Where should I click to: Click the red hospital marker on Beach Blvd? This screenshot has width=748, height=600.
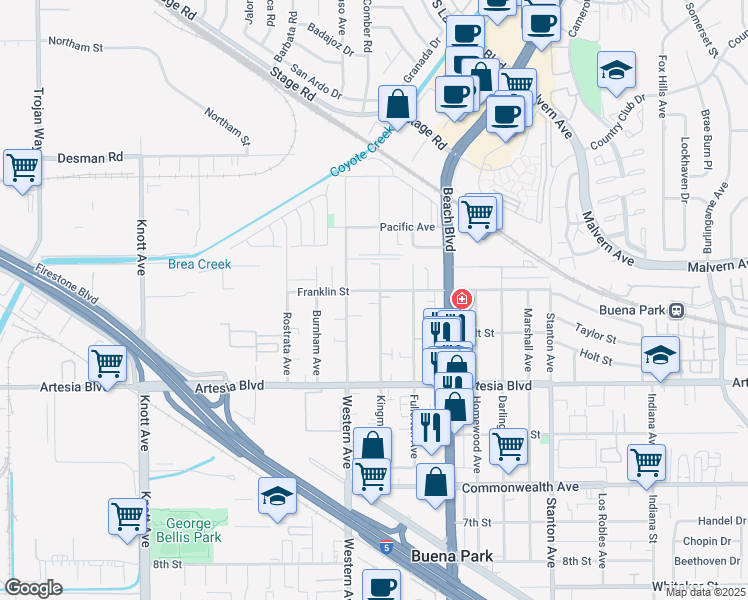(461, 298)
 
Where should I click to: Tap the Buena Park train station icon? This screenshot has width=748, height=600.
(677, 310)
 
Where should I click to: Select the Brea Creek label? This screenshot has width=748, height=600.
(199, 264)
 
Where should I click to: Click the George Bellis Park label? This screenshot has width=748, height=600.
(182, 531)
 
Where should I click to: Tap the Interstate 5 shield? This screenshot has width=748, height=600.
(386, 546)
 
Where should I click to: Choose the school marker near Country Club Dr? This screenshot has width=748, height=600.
(616, 70)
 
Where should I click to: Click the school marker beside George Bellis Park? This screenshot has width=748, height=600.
(278, 496)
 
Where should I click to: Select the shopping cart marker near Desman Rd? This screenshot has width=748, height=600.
(22, 167)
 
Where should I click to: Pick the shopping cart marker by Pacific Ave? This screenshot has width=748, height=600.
(478, 213)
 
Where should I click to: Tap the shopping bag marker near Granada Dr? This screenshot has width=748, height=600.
(398, 103)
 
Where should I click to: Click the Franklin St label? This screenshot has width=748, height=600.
(322, 292)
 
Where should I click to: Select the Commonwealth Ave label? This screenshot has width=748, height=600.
(521, 487)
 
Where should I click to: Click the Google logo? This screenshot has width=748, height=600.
(34, 589)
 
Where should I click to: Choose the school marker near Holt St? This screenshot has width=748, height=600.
(660, 355)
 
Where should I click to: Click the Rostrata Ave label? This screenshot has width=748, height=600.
(287, 343)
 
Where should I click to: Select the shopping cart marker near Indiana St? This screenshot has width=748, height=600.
(646, 463)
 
